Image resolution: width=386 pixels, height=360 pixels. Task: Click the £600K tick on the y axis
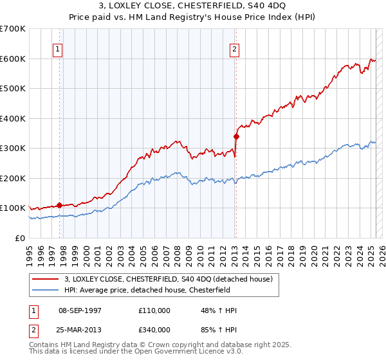(x=14, y=59)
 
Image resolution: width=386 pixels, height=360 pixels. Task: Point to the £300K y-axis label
(x=14, y=148)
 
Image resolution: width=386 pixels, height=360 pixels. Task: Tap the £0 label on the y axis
(x=20, y=238)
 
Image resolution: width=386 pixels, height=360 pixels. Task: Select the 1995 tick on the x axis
(x=30, y=249)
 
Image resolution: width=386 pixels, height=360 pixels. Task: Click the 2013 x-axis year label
(x=234, y=249)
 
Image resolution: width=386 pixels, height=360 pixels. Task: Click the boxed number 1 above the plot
(x=58, y=48)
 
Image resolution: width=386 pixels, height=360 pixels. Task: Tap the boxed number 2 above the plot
(x=235, y=48)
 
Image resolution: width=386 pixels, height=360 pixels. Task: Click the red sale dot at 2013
(x=236, y=136)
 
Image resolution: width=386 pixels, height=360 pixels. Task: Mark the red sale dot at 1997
(x=60, y=205)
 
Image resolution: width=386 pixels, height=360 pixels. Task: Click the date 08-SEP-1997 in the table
(x=80, y=310)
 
